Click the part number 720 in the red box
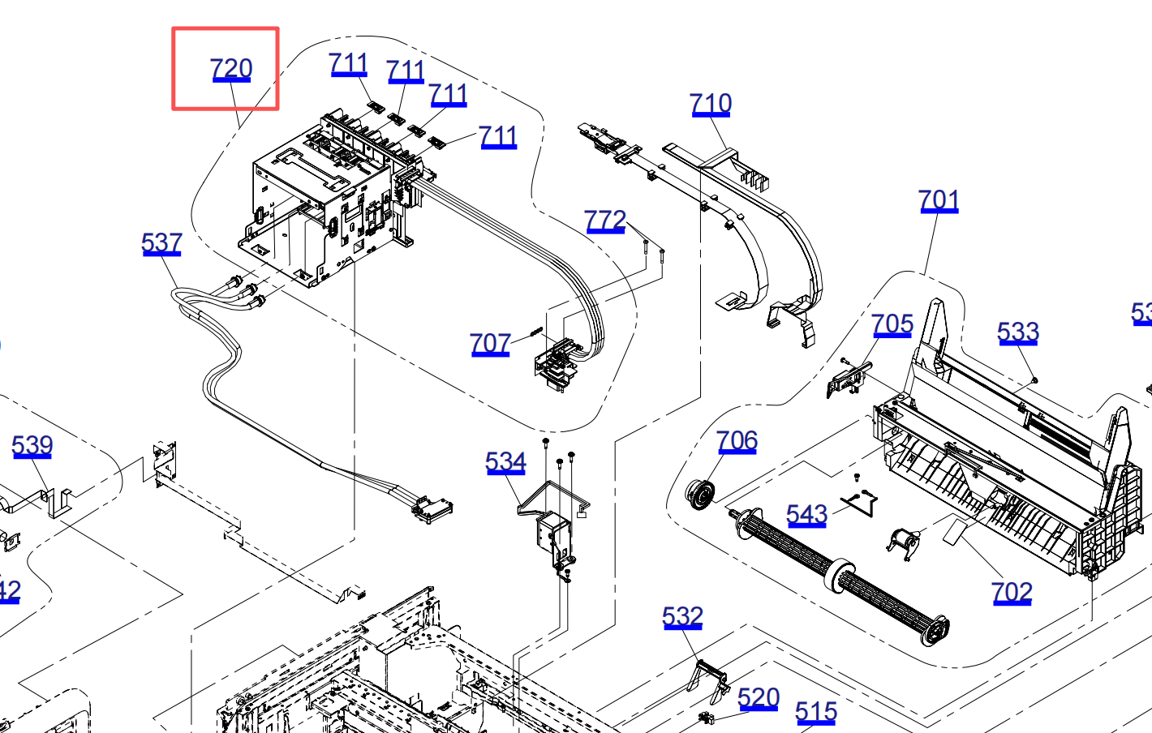point(231,69)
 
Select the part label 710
point(711,104)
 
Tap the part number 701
point(939,200)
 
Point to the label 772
point(605,221)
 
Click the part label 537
point(161,243)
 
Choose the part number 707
point(490,344)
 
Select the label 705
point(892,325)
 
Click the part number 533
point(1018,332)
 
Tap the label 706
point(737,441)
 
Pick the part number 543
point(806,515)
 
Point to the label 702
point(1012,593)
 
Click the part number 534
point(505,462)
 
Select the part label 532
point(682,617)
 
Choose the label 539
point(32,445)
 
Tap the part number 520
point(759,698)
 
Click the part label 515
point(816,712)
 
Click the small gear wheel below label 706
point(699,494)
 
